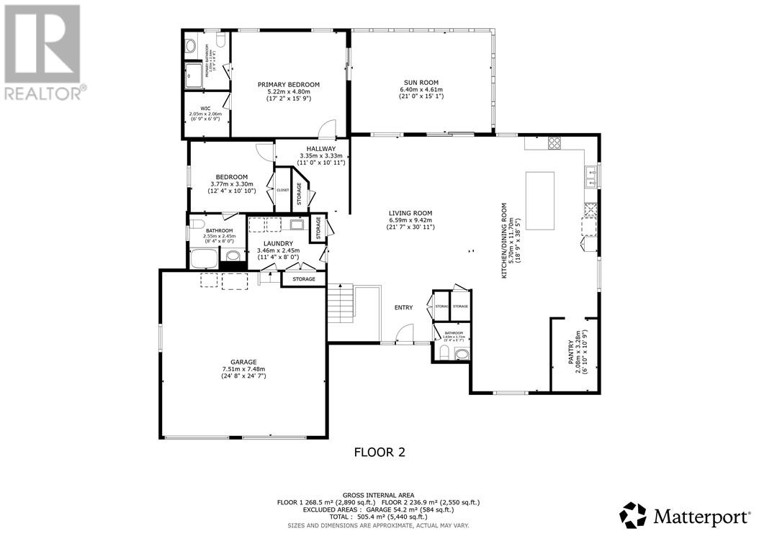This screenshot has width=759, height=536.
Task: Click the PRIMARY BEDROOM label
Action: [288, 84]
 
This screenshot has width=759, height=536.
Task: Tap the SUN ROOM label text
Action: [420, 83]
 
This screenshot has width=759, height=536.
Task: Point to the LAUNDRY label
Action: [277, 244]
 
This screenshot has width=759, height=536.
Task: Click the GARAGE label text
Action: [243, 362]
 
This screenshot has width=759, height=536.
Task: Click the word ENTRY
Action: [403, 308]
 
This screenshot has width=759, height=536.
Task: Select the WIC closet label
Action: [205, 108]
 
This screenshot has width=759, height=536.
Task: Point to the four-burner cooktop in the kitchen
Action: [554, 142]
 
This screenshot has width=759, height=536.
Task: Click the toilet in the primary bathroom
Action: [191, 47]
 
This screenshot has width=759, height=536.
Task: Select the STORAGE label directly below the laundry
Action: [304, 278]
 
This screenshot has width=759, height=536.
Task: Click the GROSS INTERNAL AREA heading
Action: [379, 495]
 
